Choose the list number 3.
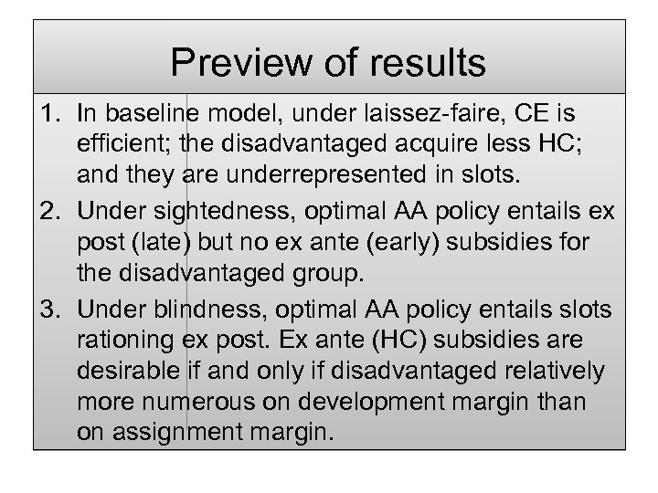click(51, 311)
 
